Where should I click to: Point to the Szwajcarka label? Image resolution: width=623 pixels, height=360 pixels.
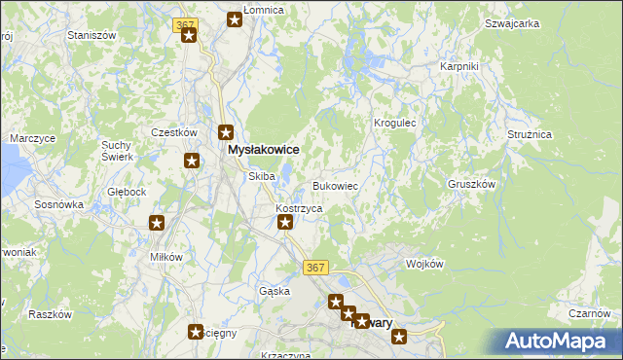511,20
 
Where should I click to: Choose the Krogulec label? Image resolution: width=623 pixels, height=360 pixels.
395,124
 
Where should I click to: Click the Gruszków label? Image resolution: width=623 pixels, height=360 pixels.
472,183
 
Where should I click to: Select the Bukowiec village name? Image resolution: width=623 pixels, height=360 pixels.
336,185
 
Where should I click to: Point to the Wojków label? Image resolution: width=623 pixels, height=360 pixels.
424,264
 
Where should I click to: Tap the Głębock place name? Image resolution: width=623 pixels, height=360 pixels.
127,192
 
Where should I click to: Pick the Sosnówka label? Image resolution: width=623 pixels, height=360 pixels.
59,205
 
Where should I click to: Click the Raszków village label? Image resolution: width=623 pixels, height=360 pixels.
51,314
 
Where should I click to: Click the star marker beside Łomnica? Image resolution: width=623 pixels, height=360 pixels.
235,18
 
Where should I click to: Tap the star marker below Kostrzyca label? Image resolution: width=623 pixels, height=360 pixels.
285,223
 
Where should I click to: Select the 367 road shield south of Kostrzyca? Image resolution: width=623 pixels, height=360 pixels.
313,268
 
